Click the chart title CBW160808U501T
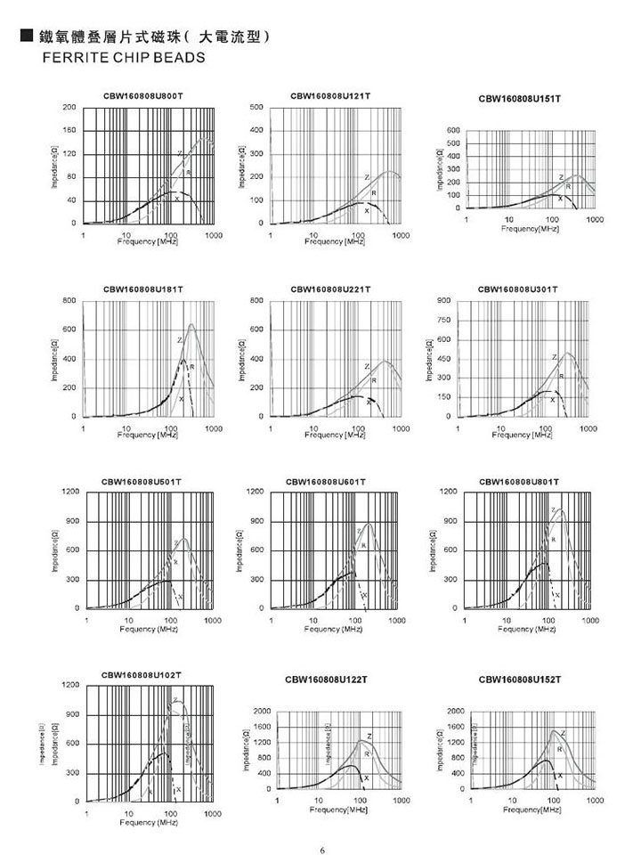point(142,481)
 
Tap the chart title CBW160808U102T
point(142,674)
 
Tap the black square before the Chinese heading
point(26,37)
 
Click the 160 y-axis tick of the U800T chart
point(69,131)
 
